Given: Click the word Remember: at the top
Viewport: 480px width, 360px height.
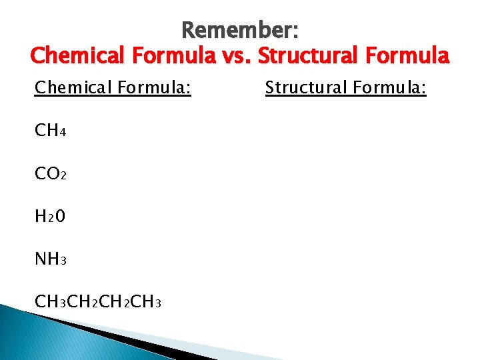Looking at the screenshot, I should (239, 30).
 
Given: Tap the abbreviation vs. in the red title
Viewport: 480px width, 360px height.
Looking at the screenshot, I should (235, 55).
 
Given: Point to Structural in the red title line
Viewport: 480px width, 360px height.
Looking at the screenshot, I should (311, 55).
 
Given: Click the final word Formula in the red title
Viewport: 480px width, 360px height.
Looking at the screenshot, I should (410, 55).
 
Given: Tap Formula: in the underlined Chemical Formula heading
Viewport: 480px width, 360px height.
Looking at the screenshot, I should (156, 87).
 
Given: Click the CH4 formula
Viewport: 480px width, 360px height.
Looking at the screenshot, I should (50, 131).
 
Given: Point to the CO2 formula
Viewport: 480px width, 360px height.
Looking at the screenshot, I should (50, 174).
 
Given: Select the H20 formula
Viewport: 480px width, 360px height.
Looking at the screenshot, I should (50, 217).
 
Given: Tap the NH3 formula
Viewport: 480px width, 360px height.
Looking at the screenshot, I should (50, 259).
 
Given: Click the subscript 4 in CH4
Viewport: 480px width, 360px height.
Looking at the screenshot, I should (62, 133).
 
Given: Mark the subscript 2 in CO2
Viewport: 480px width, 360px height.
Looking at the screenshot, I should (62, 176).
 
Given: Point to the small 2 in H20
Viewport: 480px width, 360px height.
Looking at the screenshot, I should (51, 219).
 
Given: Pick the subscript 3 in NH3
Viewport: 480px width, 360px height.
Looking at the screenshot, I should (62, 261).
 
